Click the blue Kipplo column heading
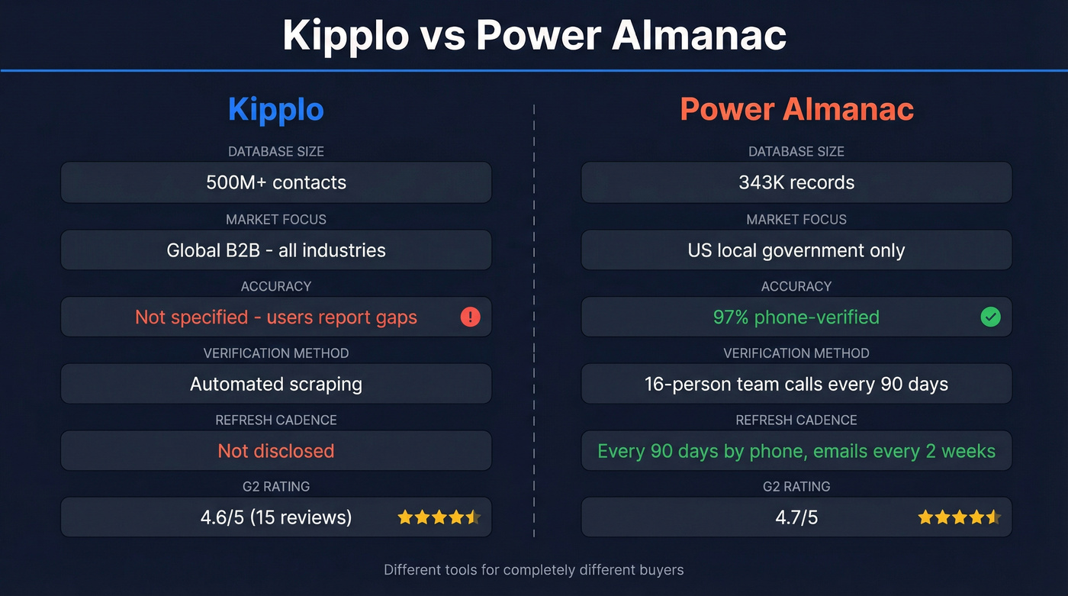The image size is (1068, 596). pyautogui.click(x=276, y=110)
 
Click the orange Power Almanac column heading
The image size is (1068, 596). pyautogui.click(x=796, y=110)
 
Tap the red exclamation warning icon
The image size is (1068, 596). pyautogui.click(x=470, y=317)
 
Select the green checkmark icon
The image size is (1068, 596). pyautogui.click(x=990, y=317)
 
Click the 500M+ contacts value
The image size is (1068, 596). pyautogui.click(x=276, y=182)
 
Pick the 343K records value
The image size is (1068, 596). pyautogui.click(x=796, y=182)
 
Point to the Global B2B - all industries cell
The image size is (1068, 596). pyautogui.click(x=276, y=250)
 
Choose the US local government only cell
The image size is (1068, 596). pyautogui.click(x=796, y=250)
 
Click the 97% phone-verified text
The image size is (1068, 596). pyautogui.click(x=796, y=317)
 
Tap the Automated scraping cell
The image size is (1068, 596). pyautogui.click(x=276, y=384)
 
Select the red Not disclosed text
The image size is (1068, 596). pyautogui.click(x=276, y=451)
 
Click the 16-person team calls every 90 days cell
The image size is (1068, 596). pyautogui.click(x=796, y=384)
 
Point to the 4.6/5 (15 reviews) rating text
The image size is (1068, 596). pyautogui.click(x=276, y=517)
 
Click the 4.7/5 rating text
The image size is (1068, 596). pyautogui.click(x=796, y=517)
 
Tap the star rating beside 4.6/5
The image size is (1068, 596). pyautogui.click(x=439, y=517)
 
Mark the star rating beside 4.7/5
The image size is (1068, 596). pyautogui.click(x=959, y=517)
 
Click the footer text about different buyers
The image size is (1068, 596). pyautogui.click(x=534, y=569)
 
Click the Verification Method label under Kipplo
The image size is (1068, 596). pyautogui.click(x=276, y=353)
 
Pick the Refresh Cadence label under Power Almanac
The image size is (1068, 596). pyautogui.click(x=796, y=420)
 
